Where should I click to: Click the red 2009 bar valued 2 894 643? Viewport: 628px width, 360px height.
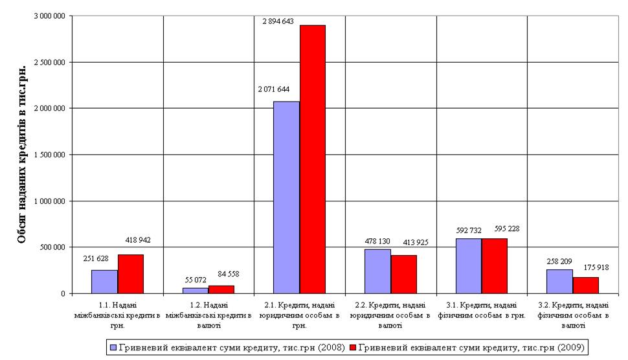pos(312,159)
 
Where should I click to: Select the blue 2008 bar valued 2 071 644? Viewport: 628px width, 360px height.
pos(286,197)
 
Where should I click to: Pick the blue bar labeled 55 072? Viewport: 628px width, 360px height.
pos(196,290)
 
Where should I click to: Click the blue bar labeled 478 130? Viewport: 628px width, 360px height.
pos(377,271)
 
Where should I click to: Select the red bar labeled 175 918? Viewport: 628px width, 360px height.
pos(586,285)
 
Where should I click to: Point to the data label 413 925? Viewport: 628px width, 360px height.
pos(415,243)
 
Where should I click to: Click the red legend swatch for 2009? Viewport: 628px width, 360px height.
pos(353,348)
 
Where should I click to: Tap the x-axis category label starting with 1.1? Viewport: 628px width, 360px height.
pos(118,315)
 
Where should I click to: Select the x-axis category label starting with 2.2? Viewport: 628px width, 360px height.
pos(391,315)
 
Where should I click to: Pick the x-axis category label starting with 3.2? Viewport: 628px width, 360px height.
pos(573,315)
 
